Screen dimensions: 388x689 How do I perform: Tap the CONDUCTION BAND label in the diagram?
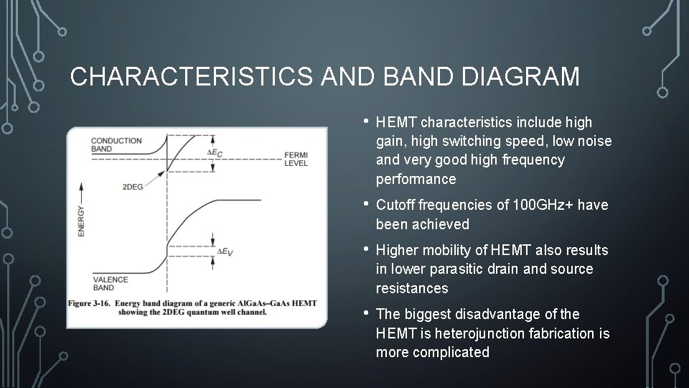click(117, 144)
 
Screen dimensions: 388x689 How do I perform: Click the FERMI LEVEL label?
click(296, 159)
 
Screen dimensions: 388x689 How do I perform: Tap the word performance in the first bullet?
click(416, 179)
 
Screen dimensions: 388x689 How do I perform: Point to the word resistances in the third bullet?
click(412, 288)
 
